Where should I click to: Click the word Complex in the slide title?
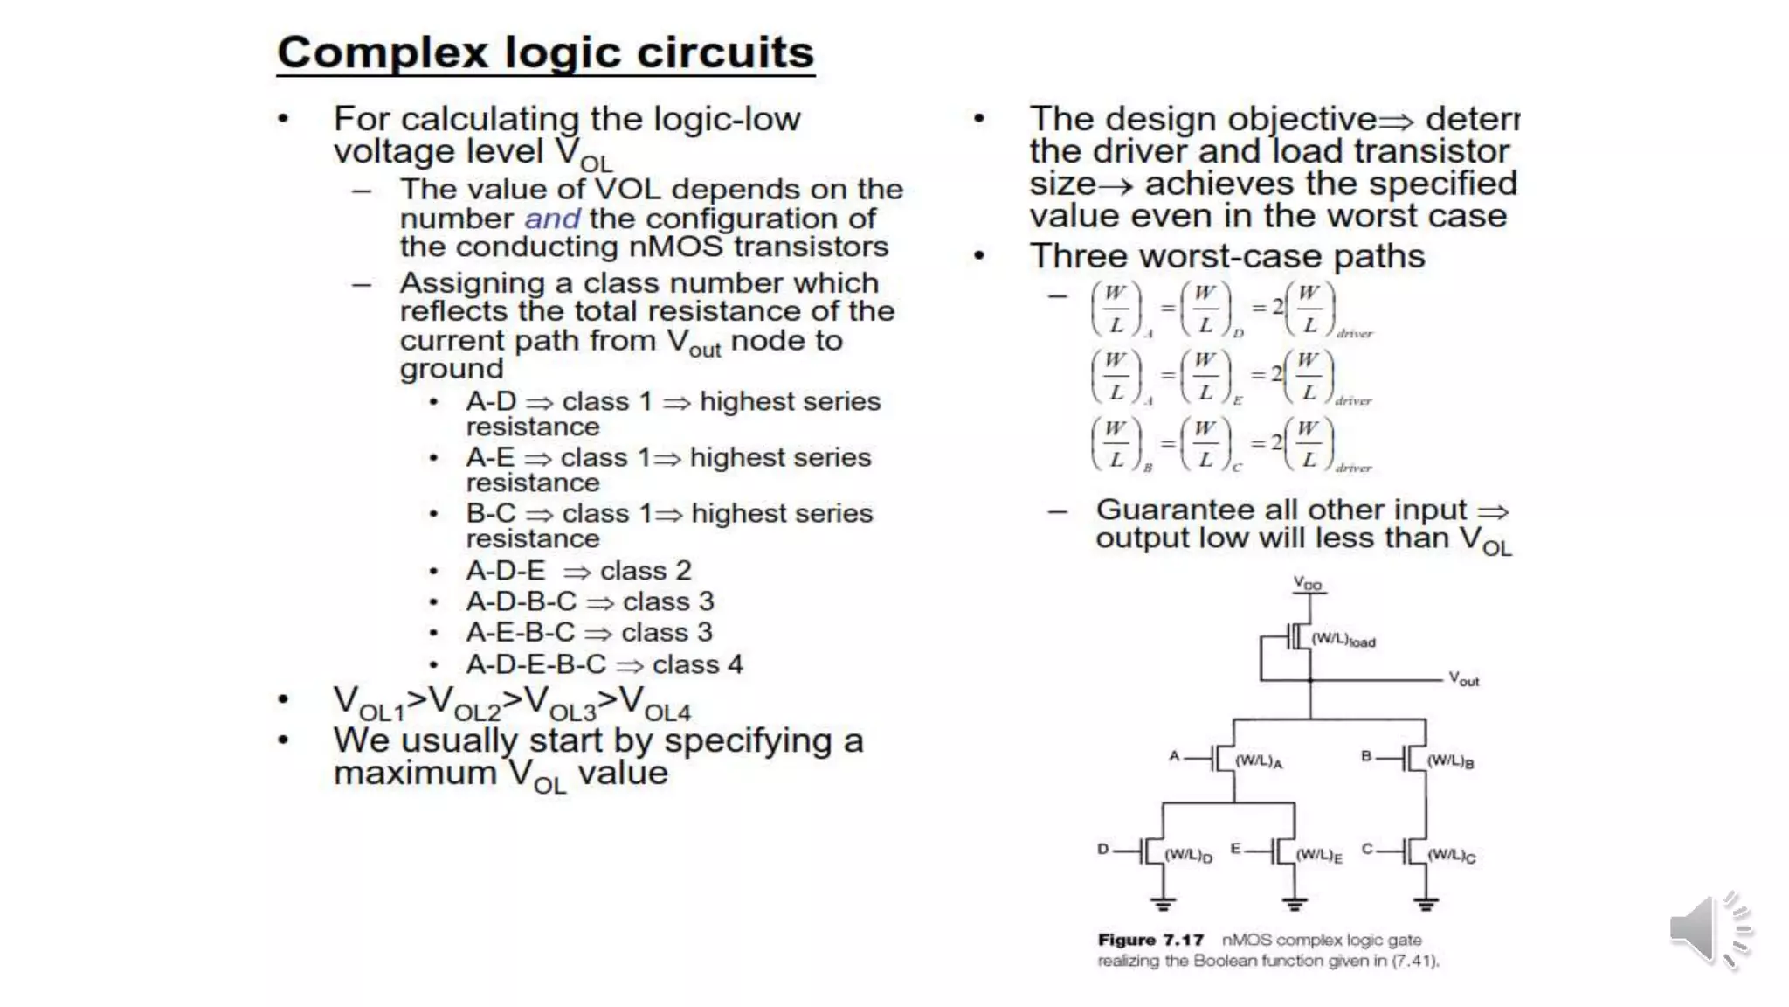[383, 52]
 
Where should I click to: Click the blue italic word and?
[552, 219]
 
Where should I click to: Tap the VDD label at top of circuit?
[1308, 583]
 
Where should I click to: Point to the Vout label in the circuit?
[1464, 679]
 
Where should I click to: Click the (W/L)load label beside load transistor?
[1343, 641]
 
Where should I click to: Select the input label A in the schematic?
[1174, 756]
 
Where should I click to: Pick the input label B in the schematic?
[1366, 756]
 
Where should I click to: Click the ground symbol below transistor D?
[1163, 903]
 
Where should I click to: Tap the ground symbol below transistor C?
[1426, 903]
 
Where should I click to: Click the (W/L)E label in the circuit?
[1319, 855]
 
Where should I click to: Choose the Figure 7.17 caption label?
[1150, 941]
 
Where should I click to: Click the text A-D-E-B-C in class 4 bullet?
[535, 664]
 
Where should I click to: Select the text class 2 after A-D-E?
[646, 571]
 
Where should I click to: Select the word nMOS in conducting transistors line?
[676, 247]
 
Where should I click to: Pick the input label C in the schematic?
[1367, 849]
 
